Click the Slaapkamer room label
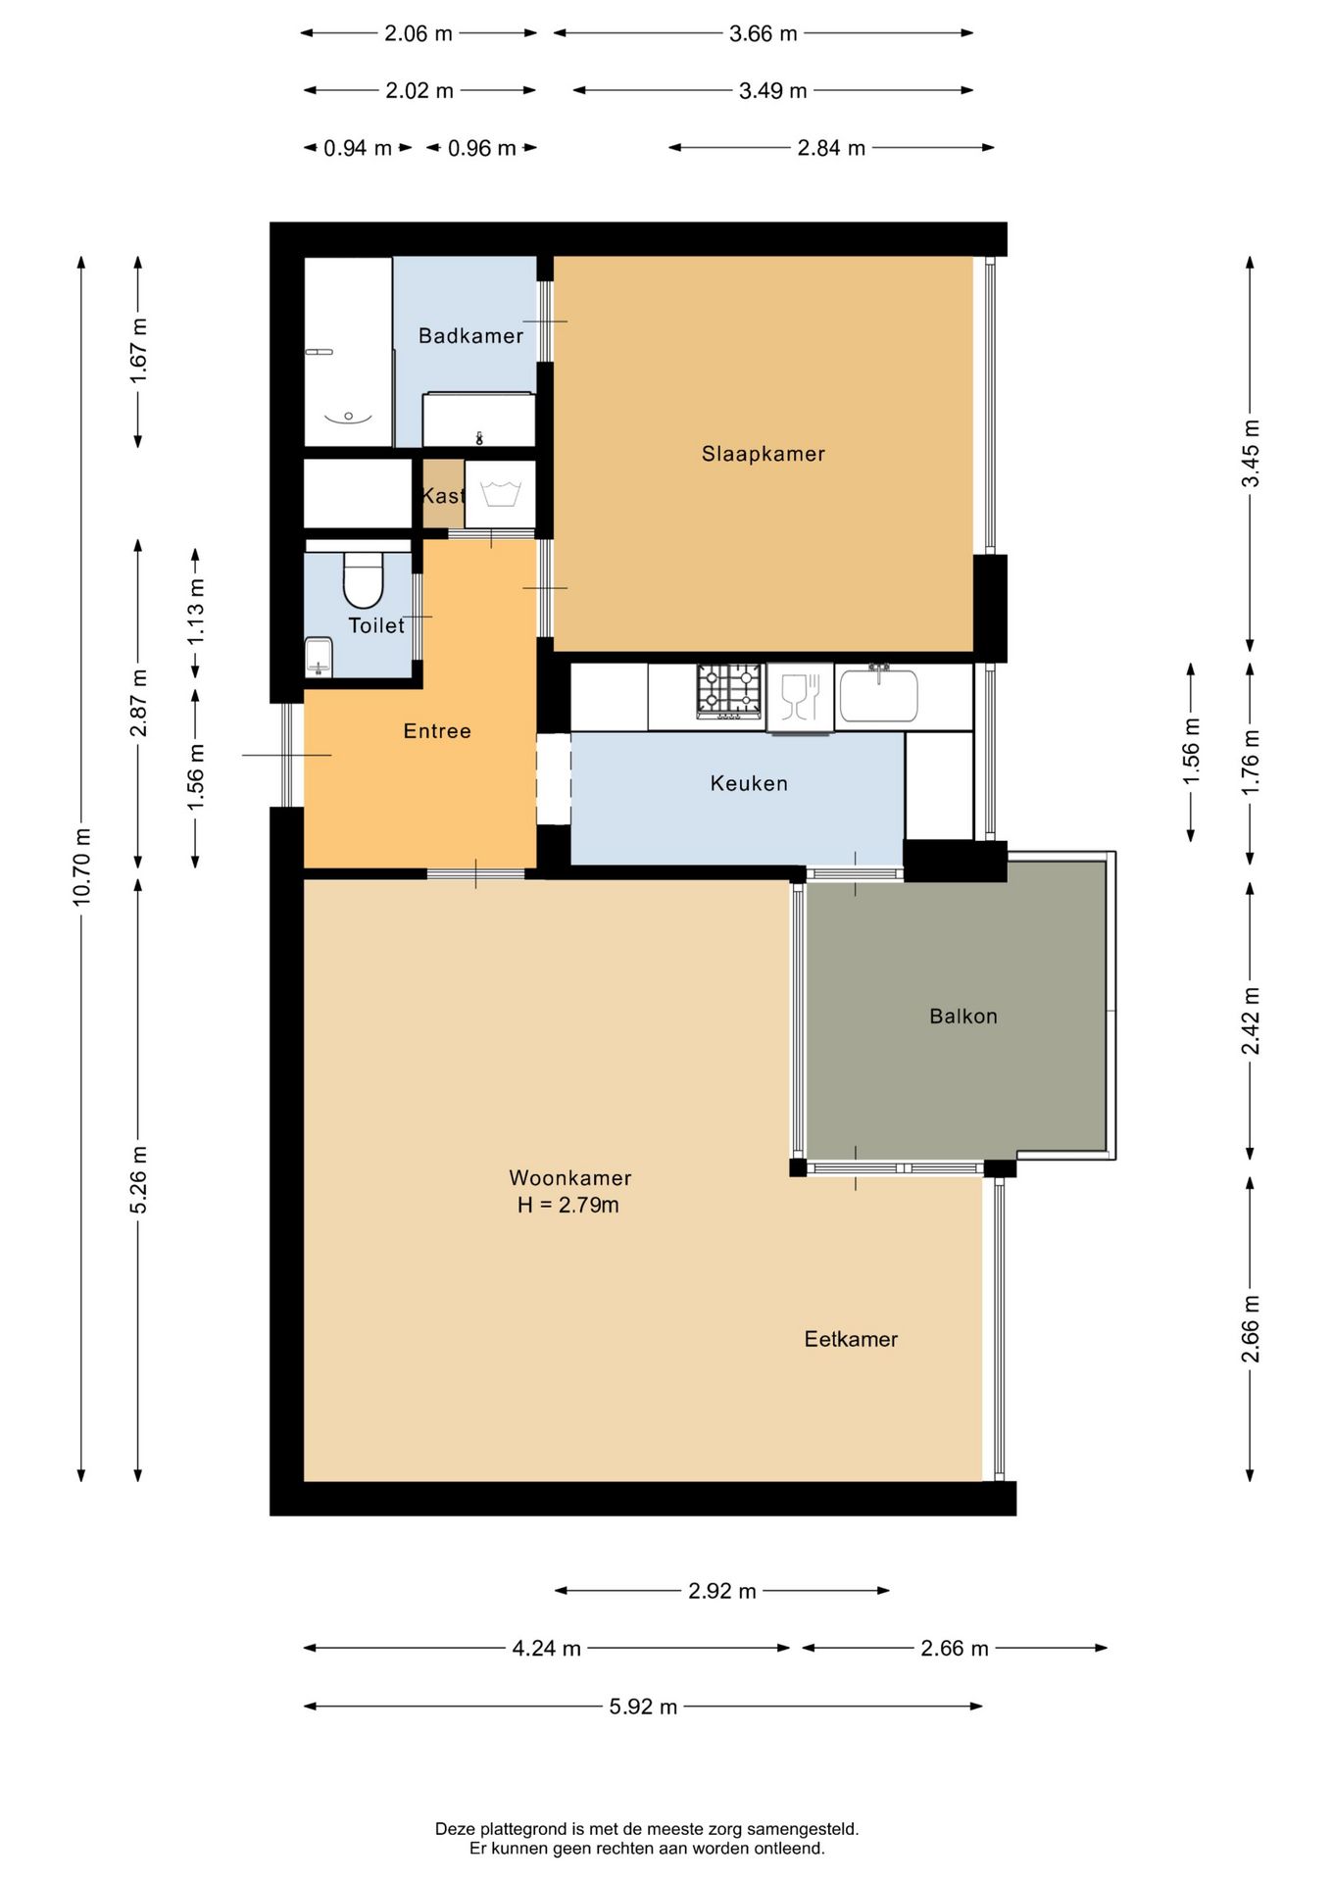[763, 454]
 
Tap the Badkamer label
[470, 336]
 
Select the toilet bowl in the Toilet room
[363, 579]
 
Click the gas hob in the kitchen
[729, 691]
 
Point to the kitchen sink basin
[878, 695]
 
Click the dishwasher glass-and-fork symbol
[800, 697]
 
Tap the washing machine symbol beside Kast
[500, 494]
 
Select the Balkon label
[962, 1016]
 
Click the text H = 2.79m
[568, 1205]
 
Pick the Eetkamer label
[851, 1339]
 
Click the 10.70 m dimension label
[81, 867]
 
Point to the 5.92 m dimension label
[643, 1707]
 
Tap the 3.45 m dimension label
[1251, 453]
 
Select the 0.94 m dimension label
[358, 148]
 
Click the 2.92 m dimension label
[722, 1591]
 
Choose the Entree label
[437, 731]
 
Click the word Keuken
[749, 783]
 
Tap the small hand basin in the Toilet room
[319, 657]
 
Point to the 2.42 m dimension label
[1251, 1020]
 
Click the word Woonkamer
[569, 1178]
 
